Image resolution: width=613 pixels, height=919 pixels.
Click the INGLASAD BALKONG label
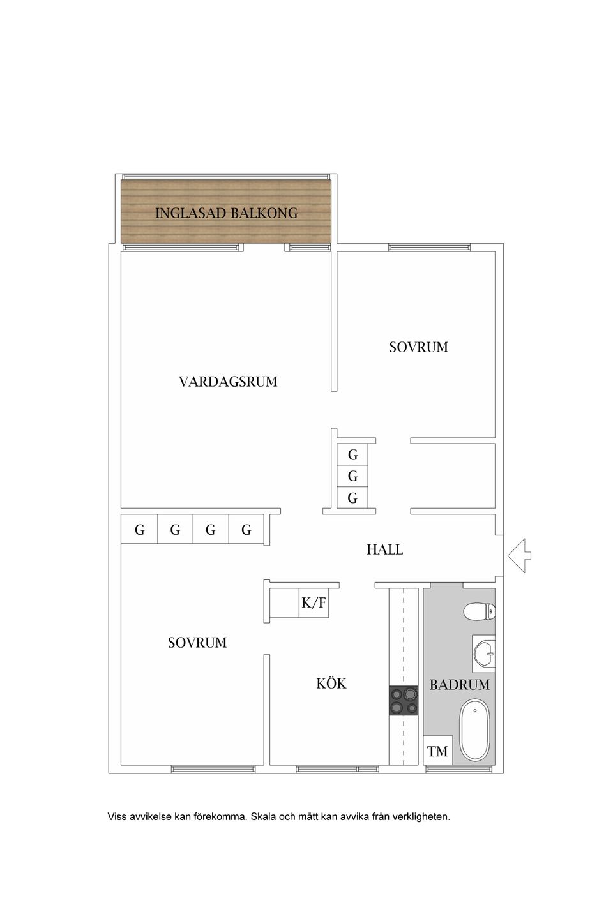(x=226, y=213)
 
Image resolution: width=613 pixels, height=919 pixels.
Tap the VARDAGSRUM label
(x=228, y=382)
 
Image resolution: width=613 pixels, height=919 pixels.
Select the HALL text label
(x=384, y=549)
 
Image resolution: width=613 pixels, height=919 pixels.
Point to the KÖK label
(x=331, y=684)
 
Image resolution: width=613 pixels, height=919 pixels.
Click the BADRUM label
(x=459, y=685)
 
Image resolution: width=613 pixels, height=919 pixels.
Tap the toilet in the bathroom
(x=479, y=612)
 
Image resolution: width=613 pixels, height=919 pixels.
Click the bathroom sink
(x=484, y=654)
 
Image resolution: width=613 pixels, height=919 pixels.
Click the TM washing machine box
(x=437, y=752)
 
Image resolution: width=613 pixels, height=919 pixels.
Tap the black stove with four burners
(x=403, y=701)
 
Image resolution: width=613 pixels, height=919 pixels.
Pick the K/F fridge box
(x=314, y=602)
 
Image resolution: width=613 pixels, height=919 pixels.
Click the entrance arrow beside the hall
(x=519, y=555)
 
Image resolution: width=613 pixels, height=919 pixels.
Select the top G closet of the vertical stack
(x=352, y=455)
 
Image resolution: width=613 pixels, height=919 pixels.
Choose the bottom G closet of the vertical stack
(x=352, y=498)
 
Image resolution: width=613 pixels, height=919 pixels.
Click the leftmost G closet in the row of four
(x=139, y=530)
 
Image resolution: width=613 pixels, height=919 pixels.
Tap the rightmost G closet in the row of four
(x=246, y=530)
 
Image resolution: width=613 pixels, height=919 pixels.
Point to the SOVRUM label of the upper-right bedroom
(x=418, y=347)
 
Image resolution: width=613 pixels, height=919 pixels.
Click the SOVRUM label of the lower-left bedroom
(x=197, y=643)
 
